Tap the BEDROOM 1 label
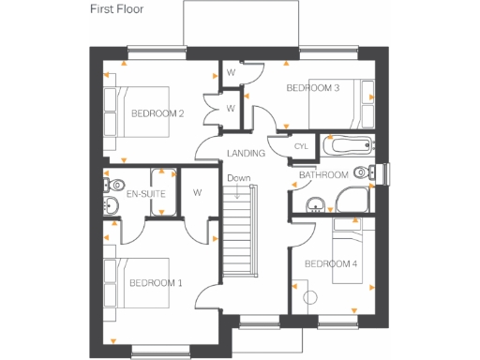point(156,282)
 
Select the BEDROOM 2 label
point(157,113)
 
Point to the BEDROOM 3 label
point(312,88)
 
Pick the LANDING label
point(245,154)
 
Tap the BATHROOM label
point(323,175)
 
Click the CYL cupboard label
point(301,147)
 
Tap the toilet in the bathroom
point(376,172)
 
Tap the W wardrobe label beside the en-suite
point(198,193)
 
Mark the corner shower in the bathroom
point(353,200)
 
